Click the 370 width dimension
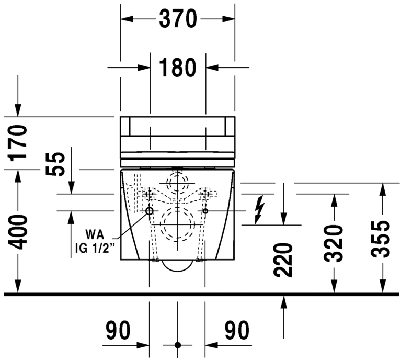(178, 19)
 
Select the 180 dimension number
(178, 67)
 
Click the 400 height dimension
(19, 232)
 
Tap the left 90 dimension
(118, 331)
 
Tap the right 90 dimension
(236, 331)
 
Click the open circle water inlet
(150, 211)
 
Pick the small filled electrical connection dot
(205, 211)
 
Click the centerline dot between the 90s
(178, 345)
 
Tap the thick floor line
(200, 294)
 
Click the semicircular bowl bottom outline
(178, 267)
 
